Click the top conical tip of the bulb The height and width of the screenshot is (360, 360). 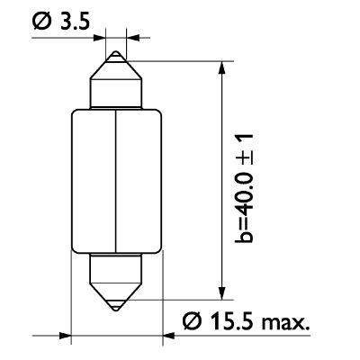tap(117, 63)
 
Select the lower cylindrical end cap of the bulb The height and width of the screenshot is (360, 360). tap(117, 265)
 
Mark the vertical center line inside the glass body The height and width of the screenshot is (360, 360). tap(117, 180)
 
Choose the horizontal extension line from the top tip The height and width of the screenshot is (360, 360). tap(180, 60)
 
